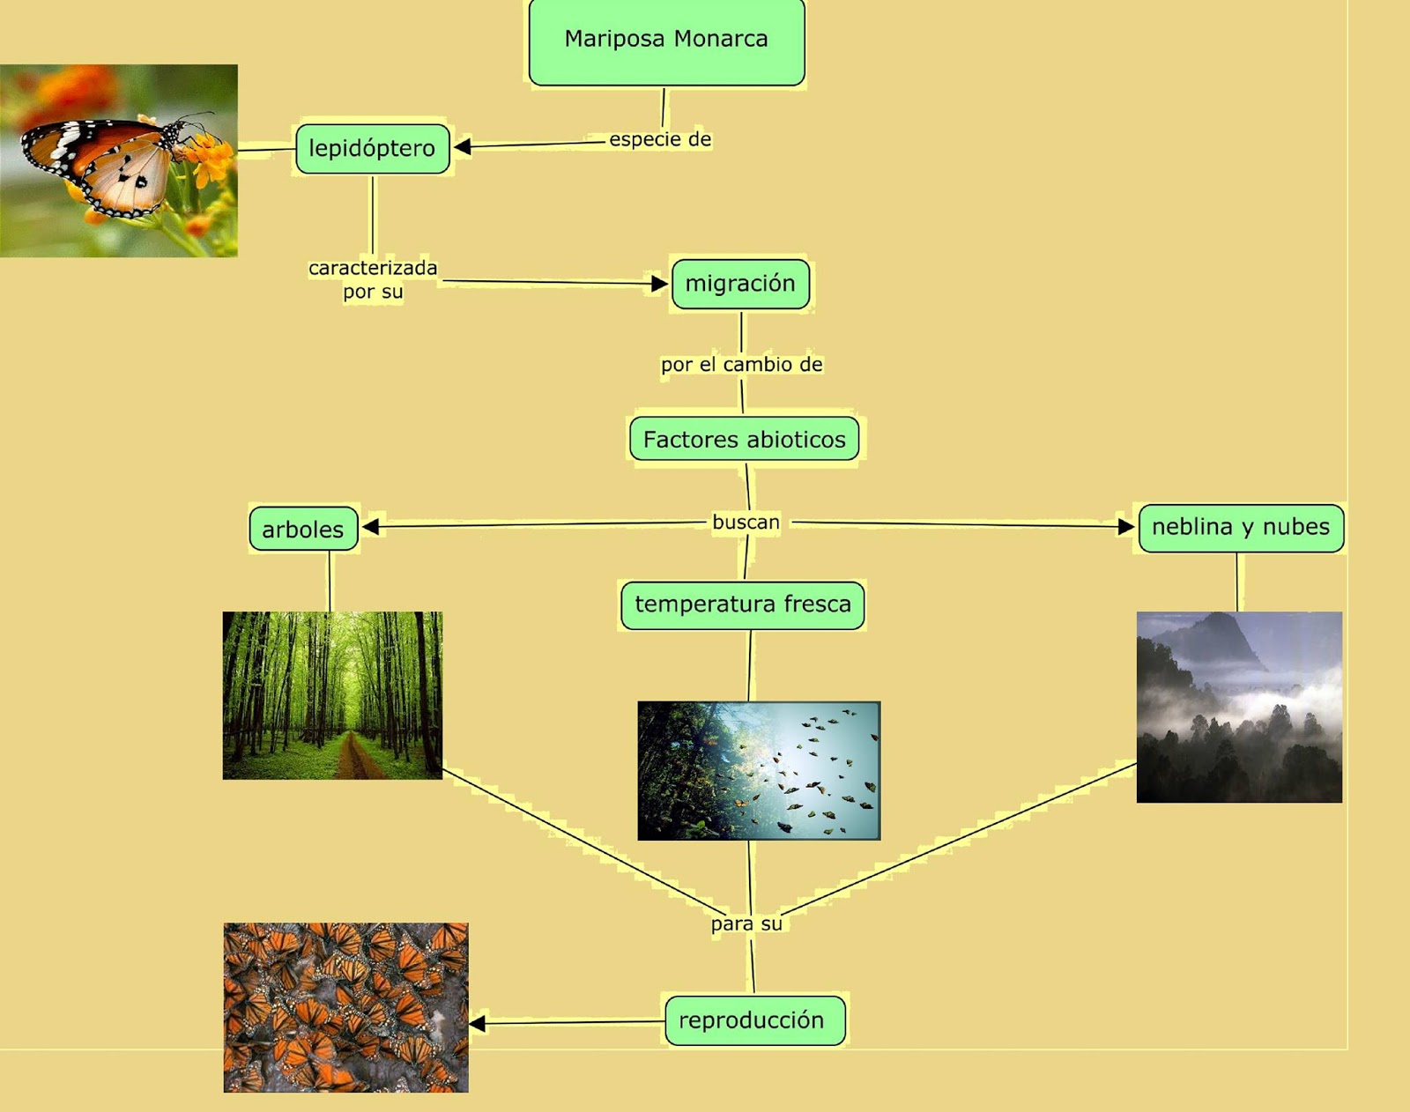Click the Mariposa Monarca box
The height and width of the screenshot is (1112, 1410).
click(666, 41)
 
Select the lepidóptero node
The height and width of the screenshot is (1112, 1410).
click(372, 149)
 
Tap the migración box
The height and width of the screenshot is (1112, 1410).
click(740, 284)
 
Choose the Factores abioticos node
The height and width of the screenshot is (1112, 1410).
click(745, 439)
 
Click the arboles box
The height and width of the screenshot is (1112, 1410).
click(303, 528)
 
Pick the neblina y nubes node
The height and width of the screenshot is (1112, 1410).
click(1241, 528)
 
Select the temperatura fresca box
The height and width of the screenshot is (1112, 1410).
click(742, 604)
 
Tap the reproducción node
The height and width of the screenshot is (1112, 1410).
click(755, 1020)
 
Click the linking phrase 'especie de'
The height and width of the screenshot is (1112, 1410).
click(660, 139)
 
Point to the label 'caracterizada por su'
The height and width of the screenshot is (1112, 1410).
click(373, 279)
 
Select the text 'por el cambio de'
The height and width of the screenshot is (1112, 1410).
click(741, 364)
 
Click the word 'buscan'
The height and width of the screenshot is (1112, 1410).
click(746, 523)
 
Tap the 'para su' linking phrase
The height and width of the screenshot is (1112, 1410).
click(746, 924)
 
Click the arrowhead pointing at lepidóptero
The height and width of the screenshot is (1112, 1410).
click(463, 146)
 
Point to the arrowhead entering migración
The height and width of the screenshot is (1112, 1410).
click(659, 284)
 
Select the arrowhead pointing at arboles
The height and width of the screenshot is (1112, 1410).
click(370, 526)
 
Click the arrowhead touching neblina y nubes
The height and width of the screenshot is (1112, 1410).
click(1126, 526)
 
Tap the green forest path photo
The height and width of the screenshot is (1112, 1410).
click(333, 695)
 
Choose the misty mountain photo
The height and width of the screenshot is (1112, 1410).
click(1239, 707)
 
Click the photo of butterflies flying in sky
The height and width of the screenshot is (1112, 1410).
click(759, 771)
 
